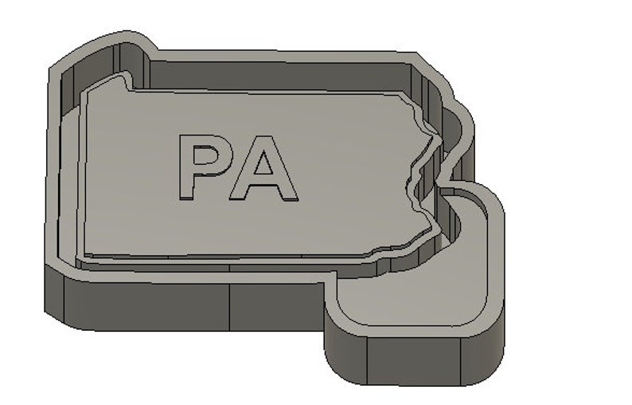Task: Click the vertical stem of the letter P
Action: click(x=185, y=167)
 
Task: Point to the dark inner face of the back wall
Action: click(x=279, y=76)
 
